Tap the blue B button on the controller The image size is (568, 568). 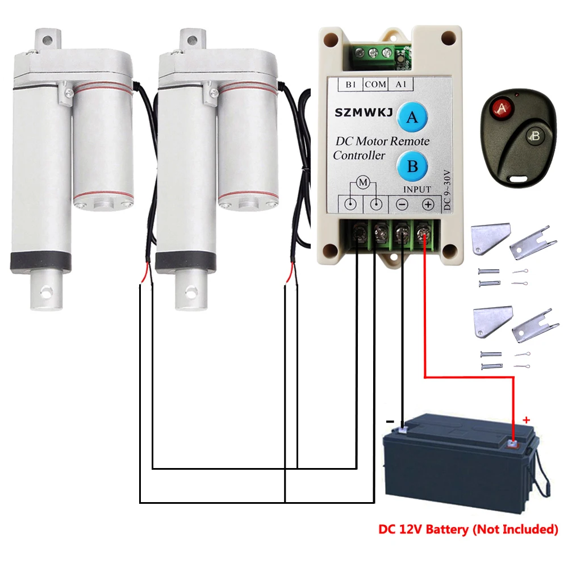(x=412, y=166)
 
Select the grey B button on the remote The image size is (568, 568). (x=534, y=135)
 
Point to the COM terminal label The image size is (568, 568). (x=375, y=84)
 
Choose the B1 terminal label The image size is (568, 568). (x=350, y=84)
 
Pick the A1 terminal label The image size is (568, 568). (x=400, y=84)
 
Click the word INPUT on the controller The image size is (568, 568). (x=417, y=189)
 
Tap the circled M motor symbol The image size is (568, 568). (x=362, y=182)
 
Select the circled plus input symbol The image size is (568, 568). (x=428, y=204)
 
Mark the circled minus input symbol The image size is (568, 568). (x=402, y=204)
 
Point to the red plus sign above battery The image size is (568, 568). (x=526, y=420)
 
